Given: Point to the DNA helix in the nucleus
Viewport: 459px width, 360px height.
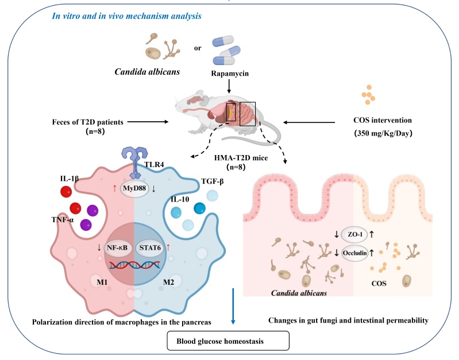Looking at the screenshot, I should tap(133, 265).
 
